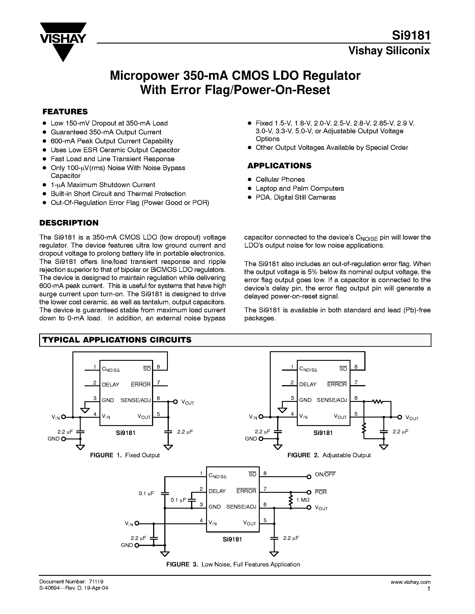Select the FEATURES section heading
(x=65, y=112)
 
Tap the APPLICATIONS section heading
(x=279, y=166)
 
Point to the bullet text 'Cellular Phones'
(x=280, y=179)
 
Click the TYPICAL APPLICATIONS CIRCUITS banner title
(x=117, y=340)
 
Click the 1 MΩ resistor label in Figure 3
(x=303, y=500)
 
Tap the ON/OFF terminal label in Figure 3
(x=325, y=474)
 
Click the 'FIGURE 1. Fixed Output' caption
(x=125, y=455)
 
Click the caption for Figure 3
(x=233, y=564)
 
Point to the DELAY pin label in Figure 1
(x=110, y=385)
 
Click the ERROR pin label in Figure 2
(x=337, y=384)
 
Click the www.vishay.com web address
(x=410, y=582)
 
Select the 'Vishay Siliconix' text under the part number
(x=389, y=51)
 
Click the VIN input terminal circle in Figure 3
(x=137, y=523)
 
